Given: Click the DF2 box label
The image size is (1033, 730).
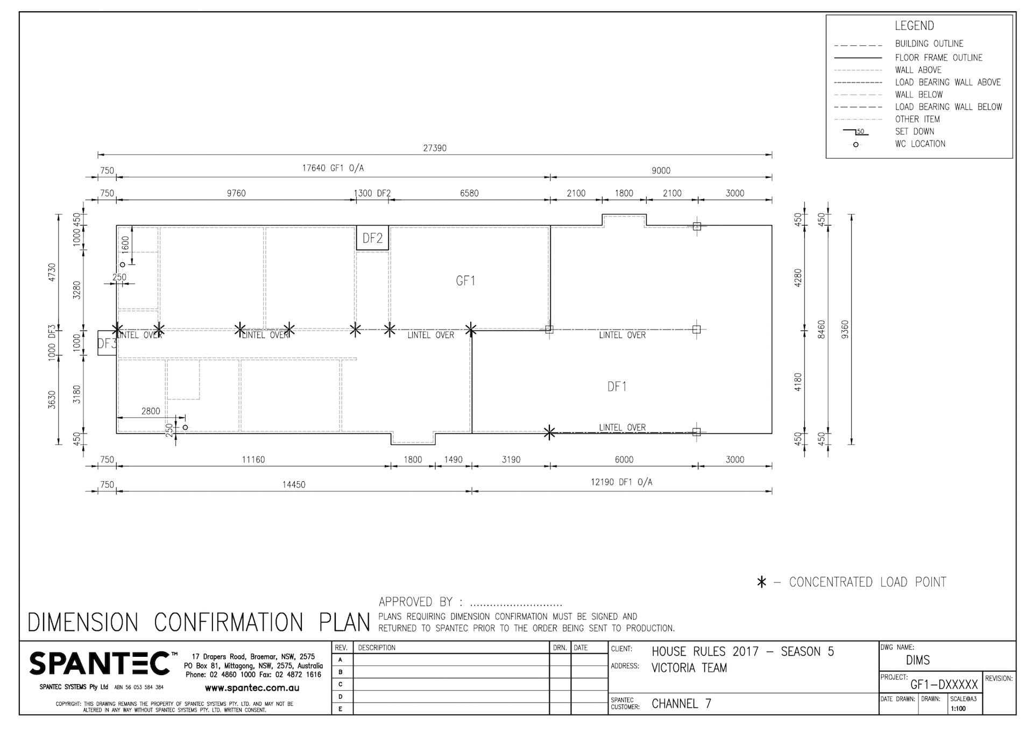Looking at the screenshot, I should point(372,238).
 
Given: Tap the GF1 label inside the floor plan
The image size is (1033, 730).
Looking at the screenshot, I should point(465,280).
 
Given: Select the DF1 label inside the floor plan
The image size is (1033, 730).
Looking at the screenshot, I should point(617,387).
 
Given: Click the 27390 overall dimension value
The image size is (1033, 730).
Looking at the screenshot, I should point(434,148).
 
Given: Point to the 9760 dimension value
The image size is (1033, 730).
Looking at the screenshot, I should point(236,193).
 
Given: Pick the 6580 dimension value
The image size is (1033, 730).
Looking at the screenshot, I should point(469,193).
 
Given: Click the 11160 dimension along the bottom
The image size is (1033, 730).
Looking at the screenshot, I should point(253,460).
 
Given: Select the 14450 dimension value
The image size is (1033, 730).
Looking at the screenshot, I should point(294,485).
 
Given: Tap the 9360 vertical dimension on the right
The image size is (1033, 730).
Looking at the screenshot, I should point(845,329).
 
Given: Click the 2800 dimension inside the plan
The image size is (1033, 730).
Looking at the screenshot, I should point(151,411).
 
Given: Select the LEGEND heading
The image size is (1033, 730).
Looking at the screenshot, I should point(914,26).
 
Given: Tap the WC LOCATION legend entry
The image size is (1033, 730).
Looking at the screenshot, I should point(920,144).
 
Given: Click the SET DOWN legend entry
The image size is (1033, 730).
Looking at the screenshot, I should point(915,131).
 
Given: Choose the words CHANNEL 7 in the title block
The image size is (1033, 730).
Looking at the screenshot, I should point(681,704).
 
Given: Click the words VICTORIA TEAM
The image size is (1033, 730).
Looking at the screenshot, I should point(689,668).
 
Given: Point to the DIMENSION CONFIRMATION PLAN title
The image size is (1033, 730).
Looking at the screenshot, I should point(199,622).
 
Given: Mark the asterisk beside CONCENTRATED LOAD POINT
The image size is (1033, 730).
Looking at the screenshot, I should point(761,582).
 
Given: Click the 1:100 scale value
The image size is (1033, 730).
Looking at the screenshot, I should point(958,708).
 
